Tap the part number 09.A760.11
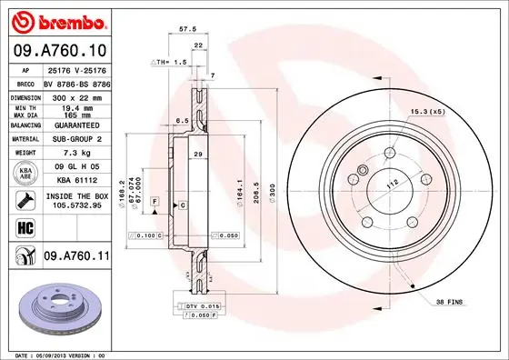(x=77, y=257)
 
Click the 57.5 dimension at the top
(x=185, y=29)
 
